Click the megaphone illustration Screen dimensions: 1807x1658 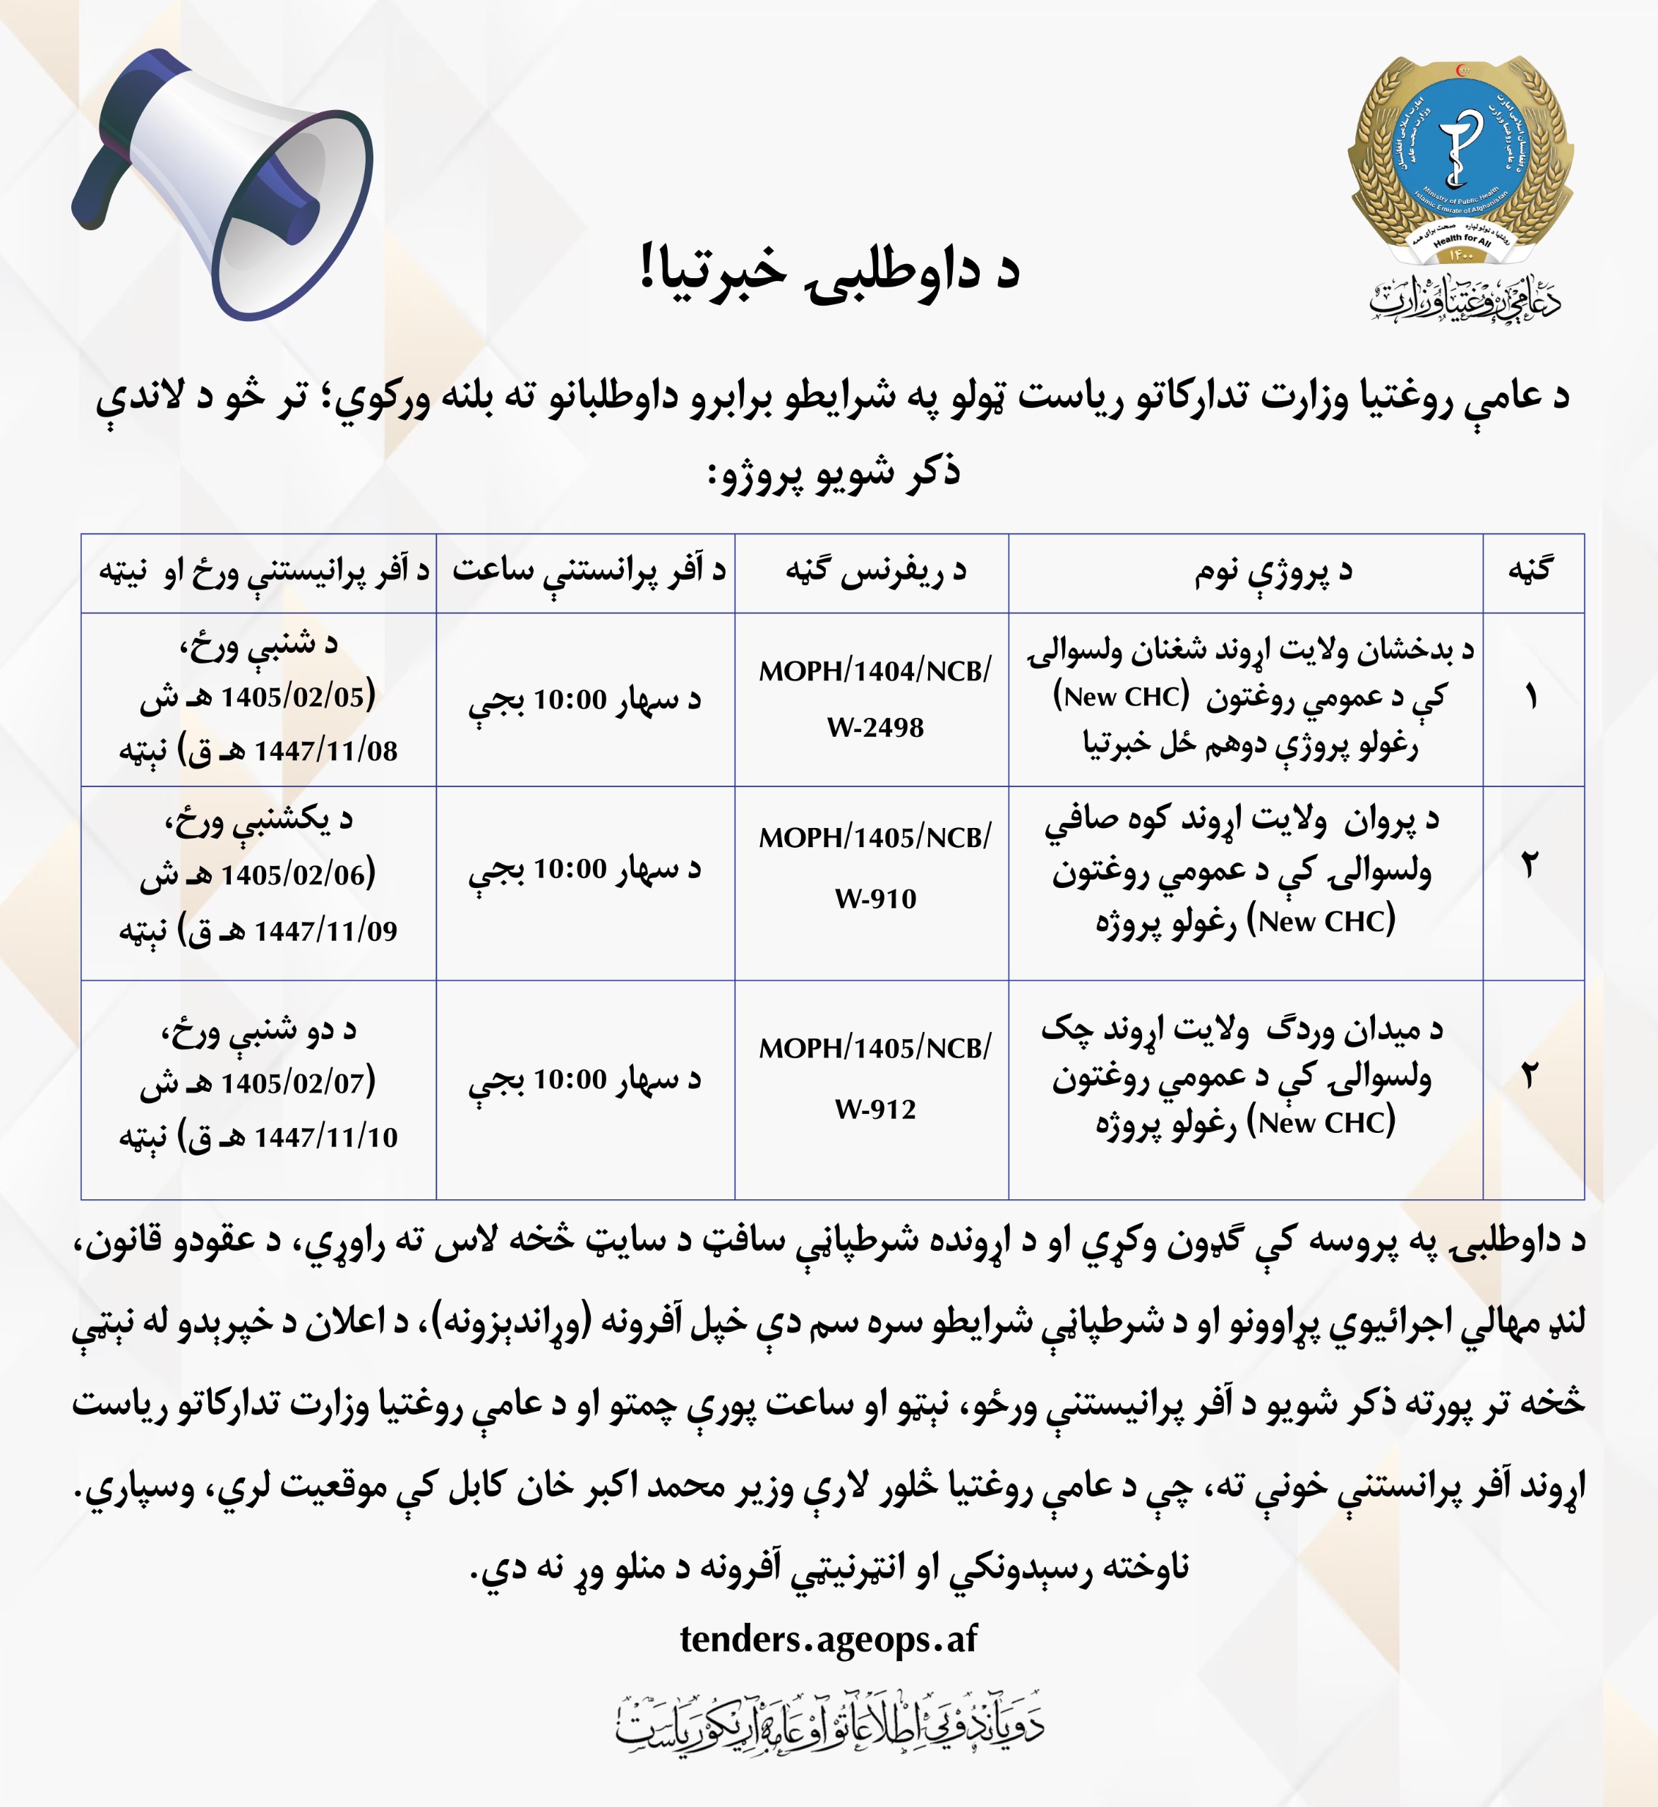point(224,184)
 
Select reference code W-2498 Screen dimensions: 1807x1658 point(875,728)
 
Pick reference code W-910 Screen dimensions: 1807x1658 point(875,899)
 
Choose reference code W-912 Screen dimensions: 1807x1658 point(875,1110)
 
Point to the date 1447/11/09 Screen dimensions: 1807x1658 point(325,931)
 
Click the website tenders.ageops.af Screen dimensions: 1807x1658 point(828,1639)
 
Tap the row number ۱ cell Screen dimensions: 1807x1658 point(1532,698)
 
